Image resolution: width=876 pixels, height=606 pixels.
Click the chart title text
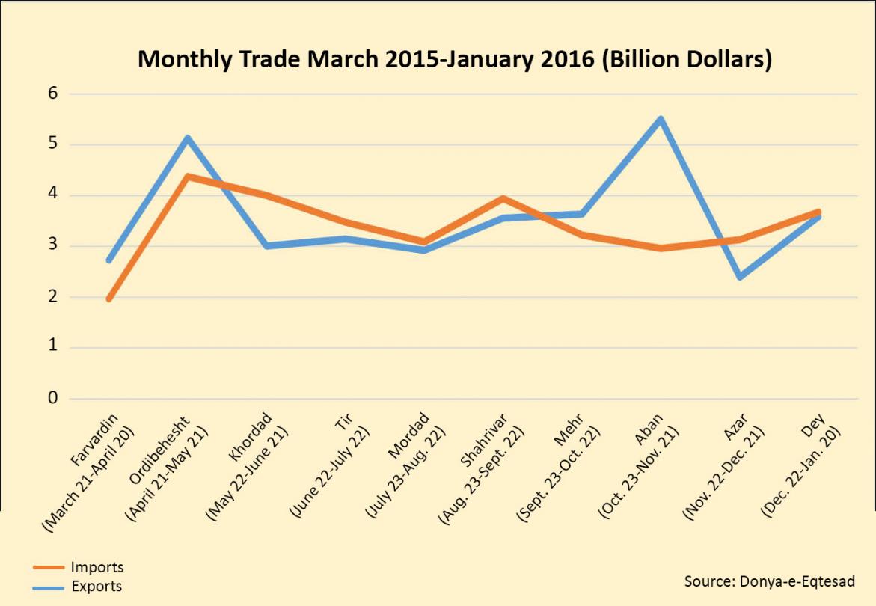455,59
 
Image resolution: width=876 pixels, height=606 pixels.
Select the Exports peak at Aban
661,119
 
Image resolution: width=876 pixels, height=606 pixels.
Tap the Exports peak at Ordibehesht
188,138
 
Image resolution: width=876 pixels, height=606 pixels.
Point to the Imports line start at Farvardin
109,299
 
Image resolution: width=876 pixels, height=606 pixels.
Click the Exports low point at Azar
740,277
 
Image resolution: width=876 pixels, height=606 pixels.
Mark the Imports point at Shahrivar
503,198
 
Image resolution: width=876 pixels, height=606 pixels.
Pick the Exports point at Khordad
267,245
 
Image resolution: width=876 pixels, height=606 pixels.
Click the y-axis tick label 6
53,94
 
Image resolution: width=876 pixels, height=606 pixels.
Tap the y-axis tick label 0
53,398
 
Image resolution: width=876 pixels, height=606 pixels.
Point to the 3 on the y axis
53,246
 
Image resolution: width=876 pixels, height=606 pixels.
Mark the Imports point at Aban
661,248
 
